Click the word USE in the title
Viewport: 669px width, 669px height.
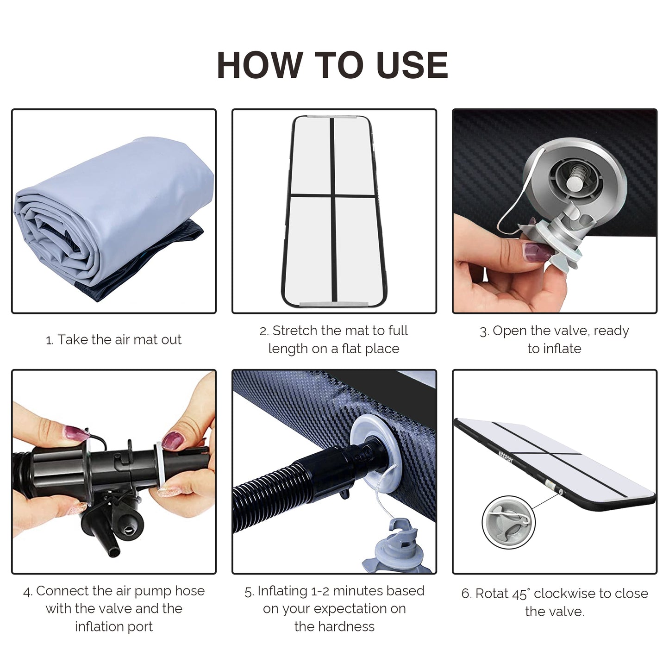(x=412, y=65)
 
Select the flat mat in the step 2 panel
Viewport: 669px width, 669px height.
(x=334, y=212)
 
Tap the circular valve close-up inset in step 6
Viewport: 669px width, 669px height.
(x=509, y=523)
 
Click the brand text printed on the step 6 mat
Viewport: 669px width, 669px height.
(x=506, y=456)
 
